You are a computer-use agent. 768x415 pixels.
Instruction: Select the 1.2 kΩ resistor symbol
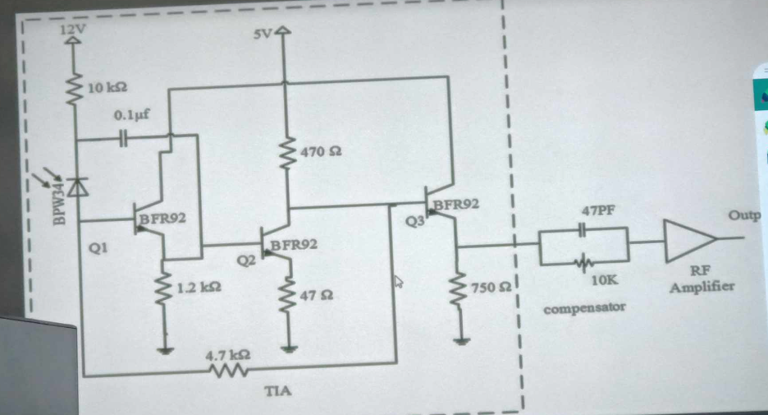[167, 288]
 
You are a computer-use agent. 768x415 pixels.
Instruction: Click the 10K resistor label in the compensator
[603, 281]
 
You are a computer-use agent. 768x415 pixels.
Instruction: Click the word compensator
[583, 307]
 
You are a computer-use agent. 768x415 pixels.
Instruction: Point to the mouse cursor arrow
[400, 283]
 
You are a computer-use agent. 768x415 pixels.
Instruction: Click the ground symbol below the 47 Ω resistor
[289, 349]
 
